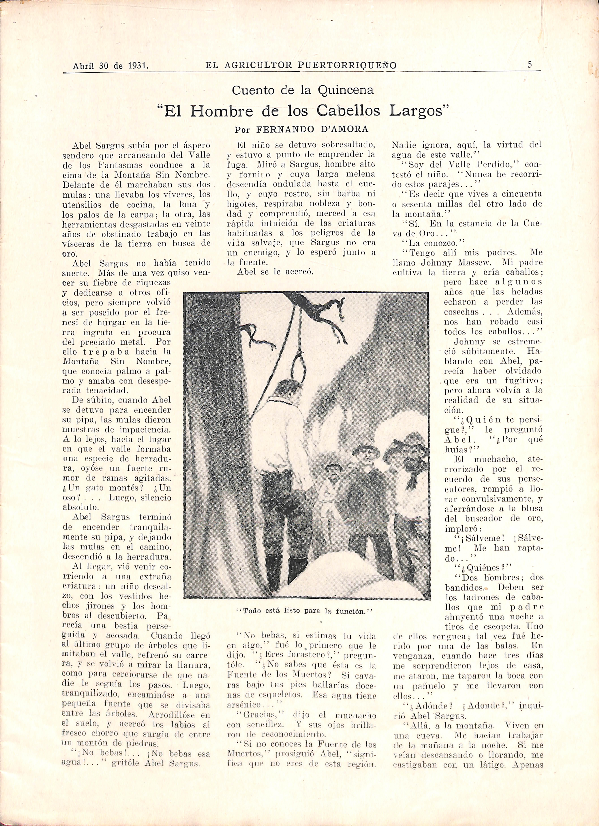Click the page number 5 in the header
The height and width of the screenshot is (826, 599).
(x=529, y=64)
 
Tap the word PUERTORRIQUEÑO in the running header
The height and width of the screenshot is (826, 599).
(x=347, y=65)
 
